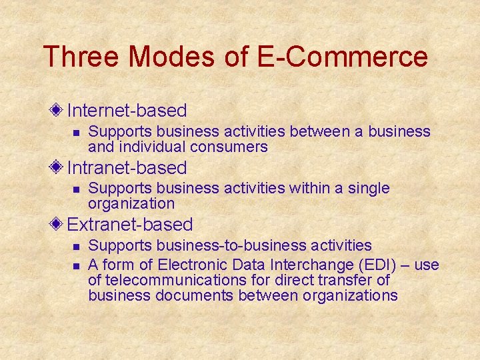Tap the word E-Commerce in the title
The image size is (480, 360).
click(341, 57)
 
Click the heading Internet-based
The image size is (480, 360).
click(127, 110)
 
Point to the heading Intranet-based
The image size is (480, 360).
click(127, 167)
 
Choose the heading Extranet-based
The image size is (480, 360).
click(130, 225)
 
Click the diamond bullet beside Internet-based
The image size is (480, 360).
click(59, 109)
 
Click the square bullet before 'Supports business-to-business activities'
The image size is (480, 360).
click(76, 247)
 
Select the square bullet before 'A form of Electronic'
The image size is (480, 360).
click(76, 266)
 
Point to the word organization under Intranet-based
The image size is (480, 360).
click(131, 204)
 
